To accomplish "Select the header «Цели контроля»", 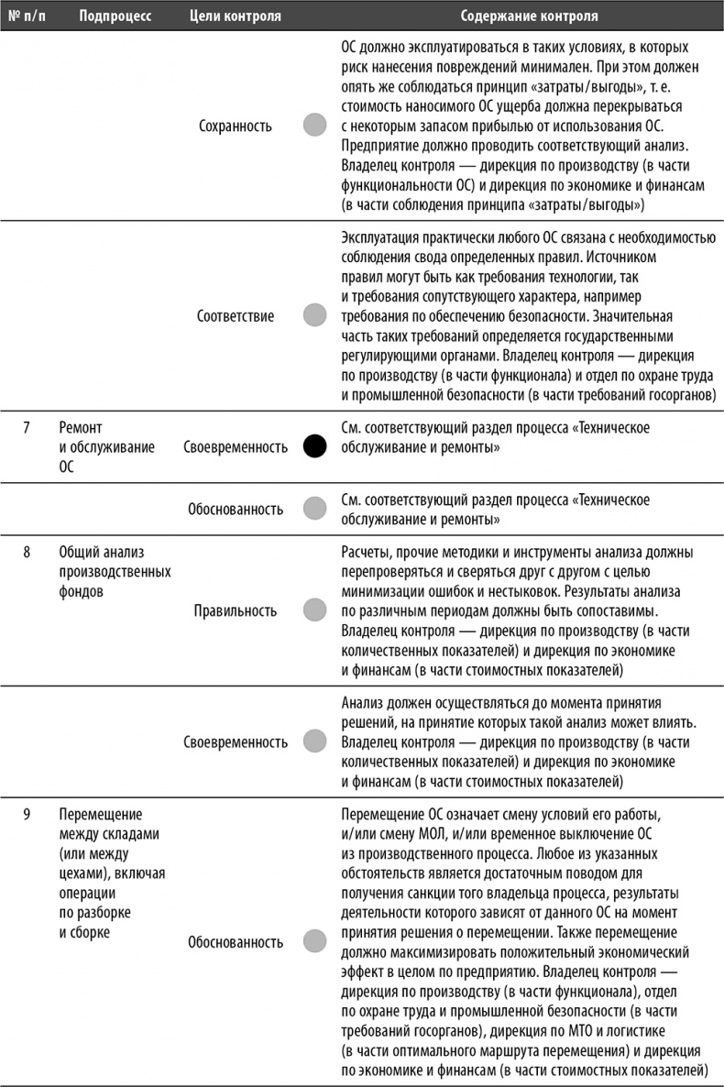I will (x=235, y=16).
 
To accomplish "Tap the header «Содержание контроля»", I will (x=530, y=16).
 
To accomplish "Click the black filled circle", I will (x=314, y=447).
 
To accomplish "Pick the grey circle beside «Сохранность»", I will (x=314, y=126).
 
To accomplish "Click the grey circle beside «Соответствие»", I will (x=314, y=316).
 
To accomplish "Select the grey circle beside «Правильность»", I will (x=314, y=609).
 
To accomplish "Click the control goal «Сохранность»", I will (x=235, y=126).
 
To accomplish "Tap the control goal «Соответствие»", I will (x=235, y=316).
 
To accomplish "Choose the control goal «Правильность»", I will (x=235, y=609).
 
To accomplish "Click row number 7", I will (x=27, y=427).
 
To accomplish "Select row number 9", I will (x=27, y=813).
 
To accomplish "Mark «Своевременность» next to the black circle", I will (x=235, y=447).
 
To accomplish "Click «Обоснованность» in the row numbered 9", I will (x=235, y=940).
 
